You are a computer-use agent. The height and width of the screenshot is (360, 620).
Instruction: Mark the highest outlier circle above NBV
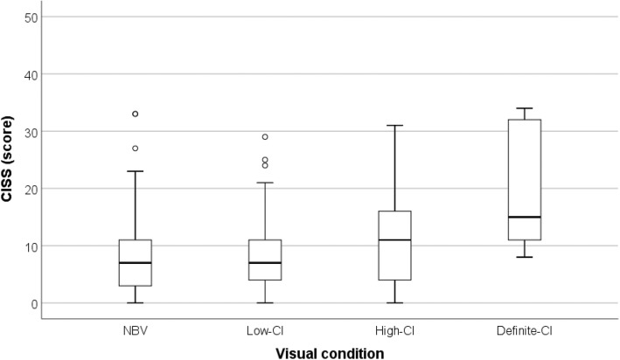pyautogui.click(x=136, y=114)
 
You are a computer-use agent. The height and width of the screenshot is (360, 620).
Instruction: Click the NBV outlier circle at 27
pyautogui.click(x=136, y=149)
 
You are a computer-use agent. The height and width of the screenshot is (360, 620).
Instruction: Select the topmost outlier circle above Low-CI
pyautogui.click(x=264, y=137)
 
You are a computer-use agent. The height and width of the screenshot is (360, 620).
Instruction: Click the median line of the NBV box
pyautogui.click(x=136, y=263)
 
